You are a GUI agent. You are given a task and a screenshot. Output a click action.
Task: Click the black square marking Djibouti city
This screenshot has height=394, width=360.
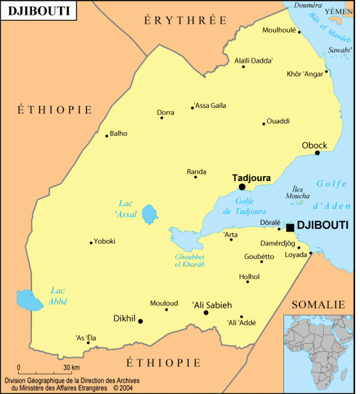(x=290, y=227)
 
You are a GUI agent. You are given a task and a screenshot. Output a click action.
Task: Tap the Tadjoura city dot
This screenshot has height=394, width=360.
(x=242, y=187)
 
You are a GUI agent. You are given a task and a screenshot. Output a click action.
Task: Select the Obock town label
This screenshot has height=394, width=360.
(x=314, y=145)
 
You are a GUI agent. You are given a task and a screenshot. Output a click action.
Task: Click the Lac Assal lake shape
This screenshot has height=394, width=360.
(x=149, y=214)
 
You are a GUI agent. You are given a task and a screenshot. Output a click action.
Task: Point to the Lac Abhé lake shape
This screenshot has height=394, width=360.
(x=28, y=301)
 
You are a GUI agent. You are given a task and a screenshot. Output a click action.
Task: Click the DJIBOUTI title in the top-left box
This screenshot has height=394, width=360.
(x=33, y=11)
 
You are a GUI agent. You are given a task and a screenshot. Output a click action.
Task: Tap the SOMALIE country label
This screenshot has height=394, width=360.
(x=318, y=305)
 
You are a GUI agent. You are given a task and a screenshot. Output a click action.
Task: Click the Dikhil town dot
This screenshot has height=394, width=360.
(x=141, y=321)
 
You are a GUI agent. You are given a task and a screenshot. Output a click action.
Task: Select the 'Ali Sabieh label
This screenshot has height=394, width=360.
(x=211, y=304)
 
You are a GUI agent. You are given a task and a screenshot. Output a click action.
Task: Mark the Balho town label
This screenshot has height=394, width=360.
(x=118, y=133)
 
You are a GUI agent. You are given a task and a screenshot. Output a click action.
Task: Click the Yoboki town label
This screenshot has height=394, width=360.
(x=104, y=241)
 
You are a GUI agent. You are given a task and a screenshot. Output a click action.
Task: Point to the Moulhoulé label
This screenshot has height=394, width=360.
(x=279, y=31)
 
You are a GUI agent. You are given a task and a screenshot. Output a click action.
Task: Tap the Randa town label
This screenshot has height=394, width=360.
(x=196, y=171)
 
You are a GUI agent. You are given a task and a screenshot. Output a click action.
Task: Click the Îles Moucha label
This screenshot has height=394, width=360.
(x=297, y=193)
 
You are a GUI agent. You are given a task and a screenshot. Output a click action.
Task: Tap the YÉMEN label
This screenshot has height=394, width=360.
(x=340, y=12)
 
